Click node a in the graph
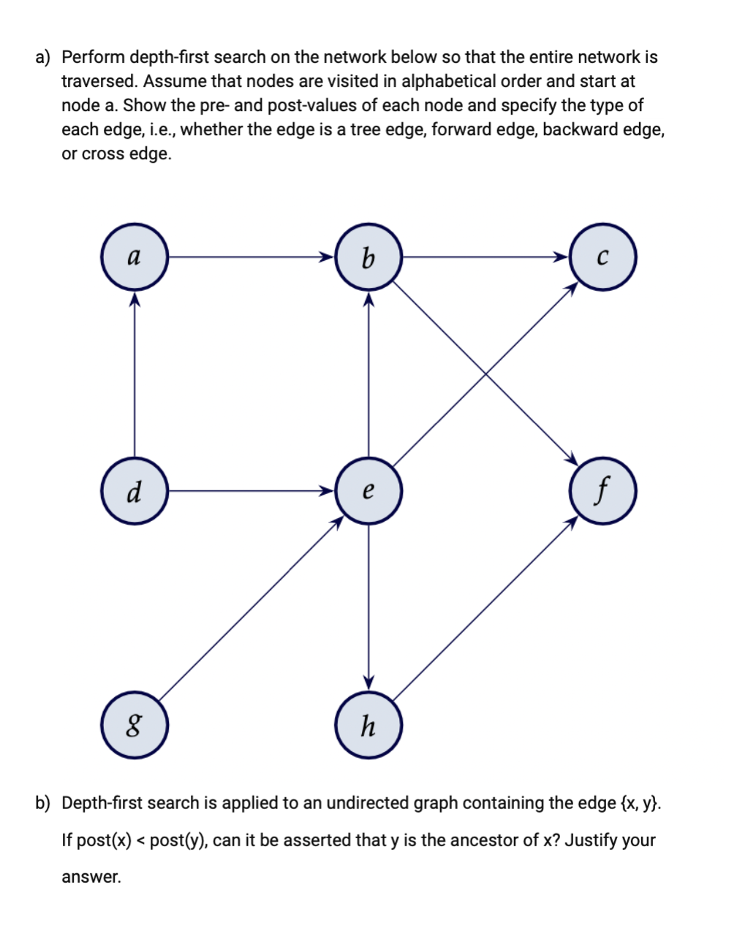[x=135, y=257]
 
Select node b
[x=368, y=257]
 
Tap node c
[x=602, y=257]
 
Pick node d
[x=135, y=491]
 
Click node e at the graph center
[x=368, y=491]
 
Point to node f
[x=602, y=491]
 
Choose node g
[x=135, y=726]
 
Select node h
[x=368, y=726]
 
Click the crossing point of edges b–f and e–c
[x=485, y=374]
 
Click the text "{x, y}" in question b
[x=640, y=803]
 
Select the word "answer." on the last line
[x=91, y=878]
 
